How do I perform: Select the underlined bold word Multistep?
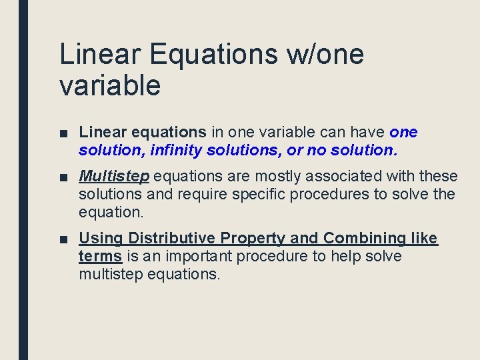pyautogui.click(x=114, y=177)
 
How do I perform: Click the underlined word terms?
pyautogui.click(x=100, y=257)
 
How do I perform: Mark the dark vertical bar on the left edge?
pyautogui.click(x=23, y=180)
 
